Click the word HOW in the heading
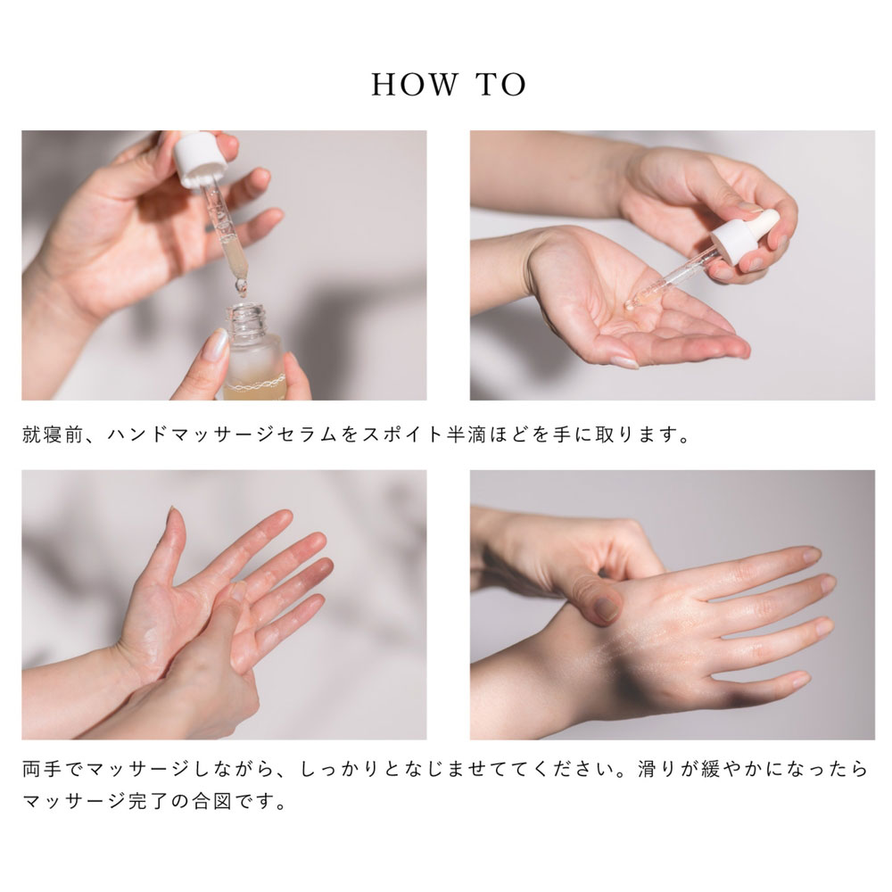[415, 85]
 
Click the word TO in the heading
[501, 85]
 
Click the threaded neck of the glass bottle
[247, 319]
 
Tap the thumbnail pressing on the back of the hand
[607, 608]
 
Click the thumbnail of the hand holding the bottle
[215, 344]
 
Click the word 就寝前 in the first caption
[53, 434]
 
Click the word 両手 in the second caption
[42, 769]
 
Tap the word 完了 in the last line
[148, 802]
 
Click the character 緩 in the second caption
[711, 769]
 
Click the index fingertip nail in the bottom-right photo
[811, 554]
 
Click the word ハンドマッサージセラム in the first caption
[224, 434]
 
